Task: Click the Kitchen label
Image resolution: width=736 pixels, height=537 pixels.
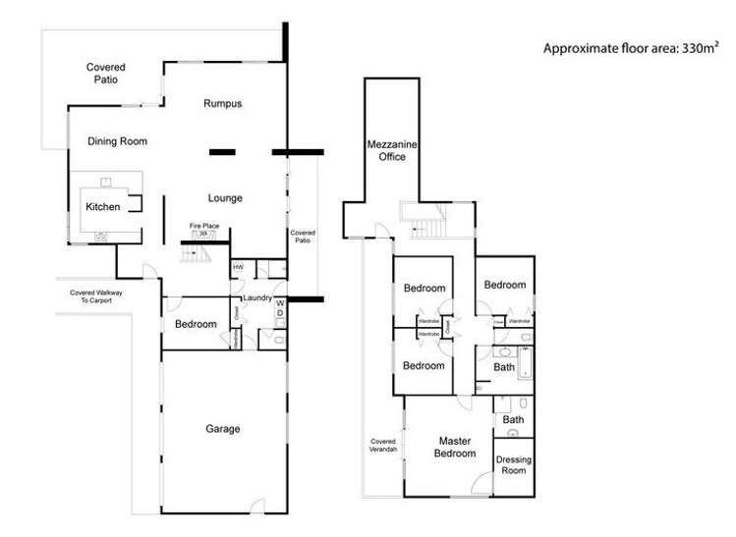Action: pyautogui.click(x=102, y=207)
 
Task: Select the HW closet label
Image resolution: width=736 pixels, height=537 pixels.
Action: pyautogui.click(x=238, y=267)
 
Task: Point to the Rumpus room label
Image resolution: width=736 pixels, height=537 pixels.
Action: pyautogui.click(x=222, y=103)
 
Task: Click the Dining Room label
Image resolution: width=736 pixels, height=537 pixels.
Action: pyautogui.click(x=117, y=141)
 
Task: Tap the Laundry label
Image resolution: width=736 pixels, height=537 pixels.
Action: pyautogui.click(x=256, y=298)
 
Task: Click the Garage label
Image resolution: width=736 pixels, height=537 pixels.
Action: pyautogui.click(x=223, y=429)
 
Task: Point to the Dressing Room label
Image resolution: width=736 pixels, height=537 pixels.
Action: pyautogui.click(x=512, y=464)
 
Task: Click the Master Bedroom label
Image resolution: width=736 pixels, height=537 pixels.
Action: pyautogui.click(x=456, y=448)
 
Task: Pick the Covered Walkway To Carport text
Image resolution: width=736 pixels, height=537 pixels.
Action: pyautogui.click(x=95, y=297)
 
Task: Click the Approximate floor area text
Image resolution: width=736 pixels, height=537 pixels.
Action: pyautogui.click(x=625, y=46)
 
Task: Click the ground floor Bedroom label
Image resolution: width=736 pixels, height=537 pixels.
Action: pyautogui.click(x=195, y=325)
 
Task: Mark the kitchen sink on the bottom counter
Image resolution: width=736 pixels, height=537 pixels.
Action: pyautogui.click(x=101, y=237)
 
